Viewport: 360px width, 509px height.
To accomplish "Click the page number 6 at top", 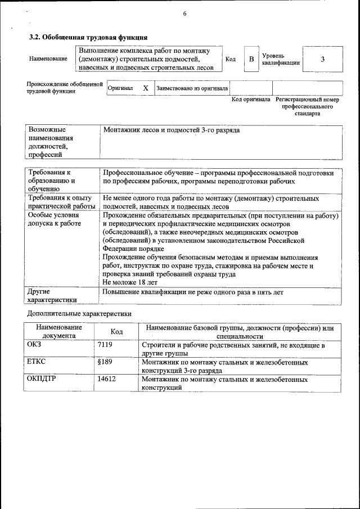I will pyautogui.click(x=184, y=14).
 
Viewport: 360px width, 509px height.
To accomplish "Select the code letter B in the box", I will pyautogui.click(x=251, y=59).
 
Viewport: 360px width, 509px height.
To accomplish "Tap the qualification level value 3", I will pyautogui.click(x=322, y=59).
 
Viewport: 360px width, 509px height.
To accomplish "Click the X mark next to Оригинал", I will pyautogui.click(x=146, y=88).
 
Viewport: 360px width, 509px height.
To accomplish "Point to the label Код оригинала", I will pyautogui.click(x=251, y=100).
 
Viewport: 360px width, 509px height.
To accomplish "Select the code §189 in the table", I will pyautogui.click(x=105, y=363).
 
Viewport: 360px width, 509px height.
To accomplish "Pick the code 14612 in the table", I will pyautogui.click(x=106, y=380).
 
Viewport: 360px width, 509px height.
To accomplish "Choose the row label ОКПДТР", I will pyautogui.click(x=41, y=380).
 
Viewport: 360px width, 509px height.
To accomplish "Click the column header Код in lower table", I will pyautogui.click(x=116, y=332).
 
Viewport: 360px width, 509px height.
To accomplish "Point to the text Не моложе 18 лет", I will pyautogui.click(x=130, y=282).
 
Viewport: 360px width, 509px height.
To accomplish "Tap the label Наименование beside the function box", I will pyautogui.click(x=48, y=59).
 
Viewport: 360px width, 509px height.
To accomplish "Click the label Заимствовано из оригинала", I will pyautogui.click(x=192, y=88).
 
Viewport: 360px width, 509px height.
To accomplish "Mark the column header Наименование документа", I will pyautogui.click(x=59, y=331).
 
